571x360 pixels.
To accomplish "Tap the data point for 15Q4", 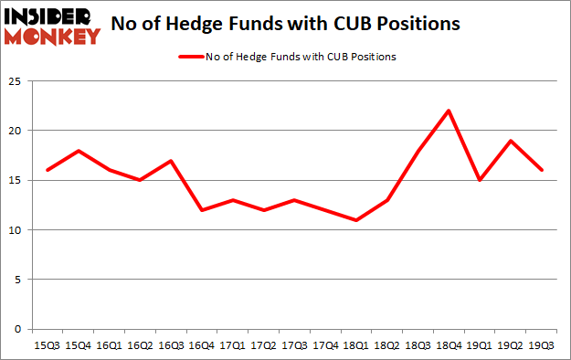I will pyautogui.click(x=79, y=151).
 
